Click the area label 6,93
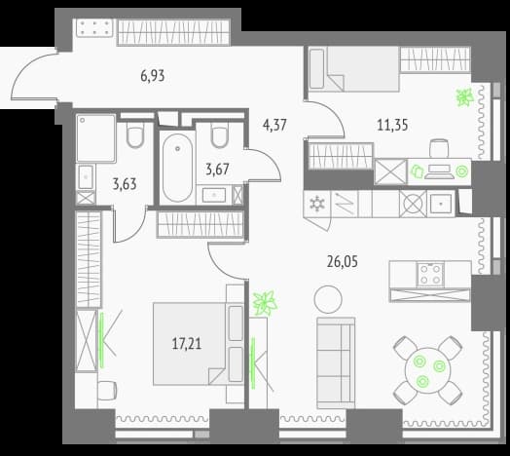click(153, 76)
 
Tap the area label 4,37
click(274, 125)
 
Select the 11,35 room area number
click(392, 125)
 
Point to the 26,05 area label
click(343, 261)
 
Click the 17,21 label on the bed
click(187, 344)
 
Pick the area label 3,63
click(125, 184)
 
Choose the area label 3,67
click(218, 170)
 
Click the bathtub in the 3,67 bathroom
click(177, 168)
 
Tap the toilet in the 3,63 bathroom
click(135, 135)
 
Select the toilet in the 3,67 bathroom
click(220, 135)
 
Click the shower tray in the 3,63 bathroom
click(96, 137)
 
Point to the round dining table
click(427, 370)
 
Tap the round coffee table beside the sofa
click(328, 299)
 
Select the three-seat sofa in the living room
click(336, 363)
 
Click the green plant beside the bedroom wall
click(266, 304)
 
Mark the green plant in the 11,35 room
click(465, 97)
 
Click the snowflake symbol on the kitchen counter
click(316, 204)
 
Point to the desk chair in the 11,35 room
click(439, 148)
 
